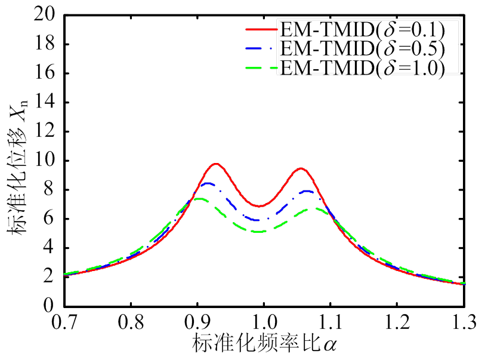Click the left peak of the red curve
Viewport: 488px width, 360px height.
click(x=215, y=164)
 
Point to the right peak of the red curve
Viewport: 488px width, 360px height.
click(x=301, y=168)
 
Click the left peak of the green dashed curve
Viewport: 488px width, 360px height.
click(x=199, y=199)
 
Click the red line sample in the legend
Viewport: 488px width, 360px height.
click(x=261, y=29)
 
